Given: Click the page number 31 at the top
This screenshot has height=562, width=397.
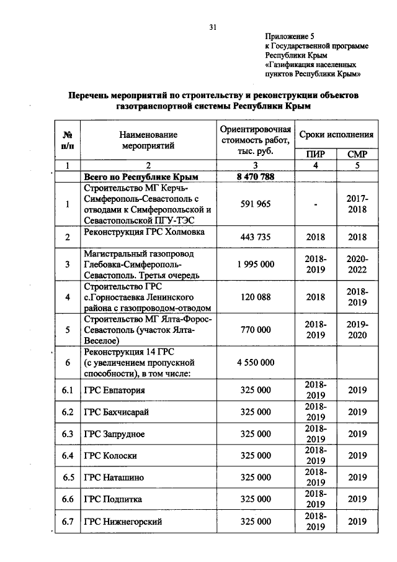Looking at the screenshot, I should click(212, 27).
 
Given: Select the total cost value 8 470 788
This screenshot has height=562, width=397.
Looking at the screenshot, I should click(256, 176).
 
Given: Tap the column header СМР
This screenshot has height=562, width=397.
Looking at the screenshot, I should click(358, 154).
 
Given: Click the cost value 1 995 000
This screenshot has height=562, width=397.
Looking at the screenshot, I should click(256, 265).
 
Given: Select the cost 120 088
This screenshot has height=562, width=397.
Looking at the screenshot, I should click(256, 297).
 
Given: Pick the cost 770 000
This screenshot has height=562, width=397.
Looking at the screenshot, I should click(256, 330).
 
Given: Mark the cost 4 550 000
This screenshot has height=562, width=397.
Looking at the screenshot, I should click(256, 363).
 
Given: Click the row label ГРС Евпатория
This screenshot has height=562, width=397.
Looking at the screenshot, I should click(115, 391).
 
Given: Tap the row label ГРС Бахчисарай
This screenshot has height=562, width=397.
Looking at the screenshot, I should click(117, 412).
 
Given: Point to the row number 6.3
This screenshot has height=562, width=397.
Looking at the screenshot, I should click(68, 433).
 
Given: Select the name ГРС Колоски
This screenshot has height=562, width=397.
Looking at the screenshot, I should click(111, 455).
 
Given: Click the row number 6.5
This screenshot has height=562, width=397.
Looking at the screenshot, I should click(68, 477).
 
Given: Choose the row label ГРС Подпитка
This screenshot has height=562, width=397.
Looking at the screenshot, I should click(114, 499).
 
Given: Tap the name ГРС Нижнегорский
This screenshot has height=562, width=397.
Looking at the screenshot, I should click(123, 522).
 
